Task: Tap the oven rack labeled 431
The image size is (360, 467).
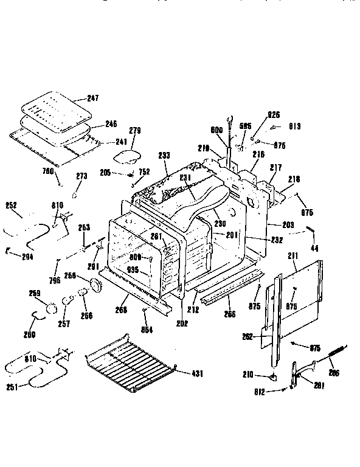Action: (131, 360)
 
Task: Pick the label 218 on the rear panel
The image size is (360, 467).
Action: (294, 180)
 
